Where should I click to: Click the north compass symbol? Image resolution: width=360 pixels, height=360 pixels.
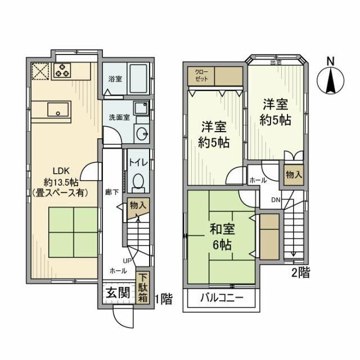click(331, 79)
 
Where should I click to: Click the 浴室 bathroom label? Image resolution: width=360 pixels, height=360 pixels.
click(114, 79)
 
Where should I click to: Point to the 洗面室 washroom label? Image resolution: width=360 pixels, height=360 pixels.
click(119, 118)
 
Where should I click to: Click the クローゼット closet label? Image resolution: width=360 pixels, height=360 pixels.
click(201, 76)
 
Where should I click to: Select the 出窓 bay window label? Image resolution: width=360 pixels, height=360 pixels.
click(276, 62)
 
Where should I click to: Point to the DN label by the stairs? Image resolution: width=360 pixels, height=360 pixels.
click(276, 199)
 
